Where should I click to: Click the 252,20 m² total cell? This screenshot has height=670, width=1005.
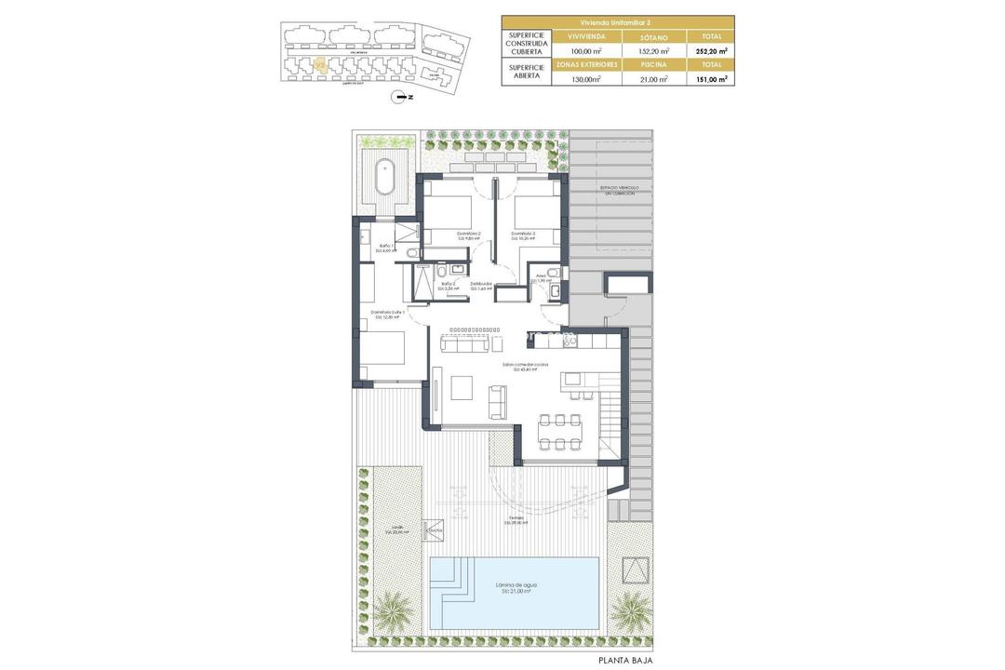[710, 51]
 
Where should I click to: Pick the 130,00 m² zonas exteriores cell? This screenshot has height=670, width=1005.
[586, 79]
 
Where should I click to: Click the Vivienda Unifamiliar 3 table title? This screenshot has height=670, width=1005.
[617, 20]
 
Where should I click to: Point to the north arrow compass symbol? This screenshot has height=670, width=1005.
[402, 96]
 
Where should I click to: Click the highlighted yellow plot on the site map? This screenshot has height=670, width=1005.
[319, 65]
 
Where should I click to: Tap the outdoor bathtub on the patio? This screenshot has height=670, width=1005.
[383, 176]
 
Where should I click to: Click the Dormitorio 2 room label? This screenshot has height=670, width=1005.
[468, 235]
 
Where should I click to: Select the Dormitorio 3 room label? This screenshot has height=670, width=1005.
[523, 235]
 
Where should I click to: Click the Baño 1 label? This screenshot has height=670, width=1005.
[386, 248]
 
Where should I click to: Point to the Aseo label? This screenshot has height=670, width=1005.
[543, 277]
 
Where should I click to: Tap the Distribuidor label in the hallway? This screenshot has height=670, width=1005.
[481, 286]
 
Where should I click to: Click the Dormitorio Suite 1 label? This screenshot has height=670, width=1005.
[386, 315]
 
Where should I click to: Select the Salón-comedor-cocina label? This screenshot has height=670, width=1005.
[525, 367]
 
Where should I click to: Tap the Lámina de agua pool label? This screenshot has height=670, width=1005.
[516, 587]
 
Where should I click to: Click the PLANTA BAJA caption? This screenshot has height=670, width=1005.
[626, 660]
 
